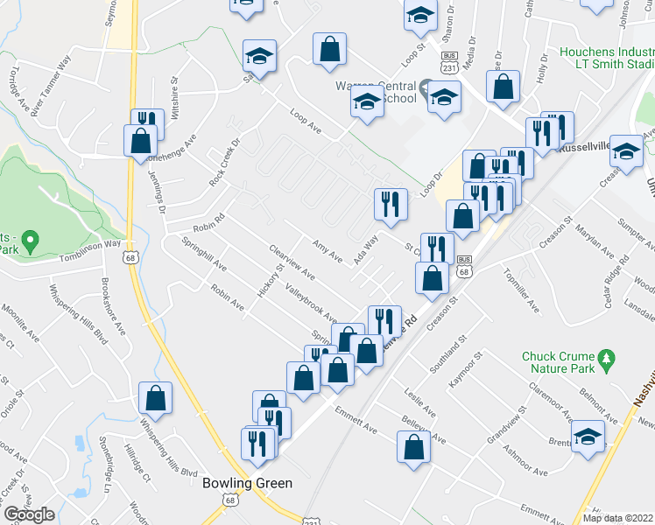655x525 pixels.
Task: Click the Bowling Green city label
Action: pyautogui.click(x=247, y=483)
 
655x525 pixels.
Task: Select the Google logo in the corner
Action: pyautogui.click(x=29, y=514)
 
